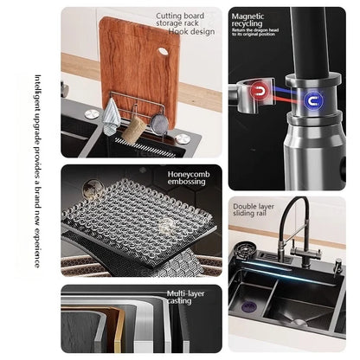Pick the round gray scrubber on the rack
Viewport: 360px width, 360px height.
[159, 125]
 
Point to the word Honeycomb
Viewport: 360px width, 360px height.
[189, 174]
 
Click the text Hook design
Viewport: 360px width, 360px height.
[192, 30]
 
